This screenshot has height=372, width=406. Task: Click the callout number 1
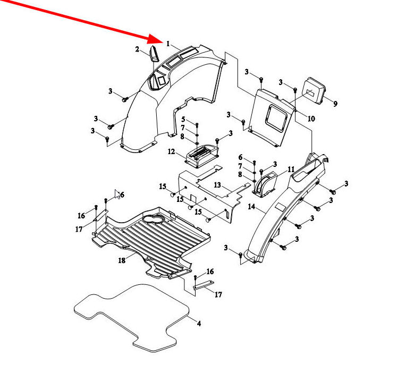click(168, 44)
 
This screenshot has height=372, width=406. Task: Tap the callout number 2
click(137, 49)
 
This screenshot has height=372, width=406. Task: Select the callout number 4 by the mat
click(199, 323)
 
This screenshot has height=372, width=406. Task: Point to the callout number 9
click(335, 104)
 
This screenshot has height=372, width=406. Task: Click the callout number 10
click(311, 119)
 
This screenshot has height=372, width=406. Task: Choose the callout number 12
click(171, 151)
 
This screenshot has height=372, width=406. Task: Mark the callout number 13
click(217, 184)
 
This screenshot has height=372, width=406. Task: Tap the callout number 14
click(251, 206)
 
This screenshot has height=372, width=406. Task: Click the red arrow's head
click(162, 40)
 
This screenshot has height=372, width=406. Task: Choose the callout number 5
click(183, 119)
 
